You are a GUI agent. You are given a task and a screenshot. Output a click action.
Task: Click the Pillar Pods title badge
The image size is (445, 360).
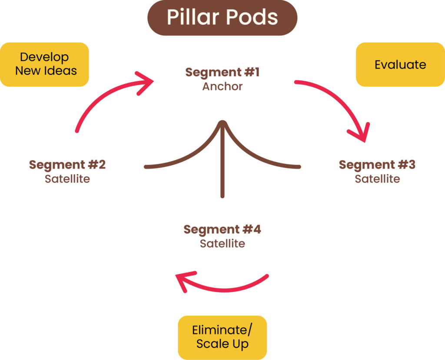point(222,17)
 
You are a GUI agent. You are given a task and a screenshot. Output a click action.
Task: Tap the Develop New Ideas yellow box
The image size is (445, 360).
point(44,64)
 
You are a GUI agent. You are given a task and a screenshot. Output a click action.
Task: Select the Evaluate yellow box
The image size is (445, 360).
point(400,64)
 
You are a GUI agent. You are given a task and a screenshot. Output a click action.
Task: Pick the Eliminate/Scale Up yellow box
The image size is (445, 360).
point(222,337)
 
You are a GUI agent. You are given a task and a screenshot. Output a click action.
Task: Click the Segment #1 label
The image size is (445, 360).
point(222,72)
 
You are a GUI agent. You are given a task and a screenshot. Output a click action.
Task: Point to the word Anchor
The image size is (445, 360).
point(222,86)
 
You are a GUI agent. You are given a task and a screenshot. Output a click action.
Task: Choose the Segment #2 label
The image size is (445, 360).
point(67,165)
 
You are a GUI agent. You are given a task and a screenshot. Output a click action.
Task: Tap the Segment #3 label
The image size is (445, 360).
point(377,165)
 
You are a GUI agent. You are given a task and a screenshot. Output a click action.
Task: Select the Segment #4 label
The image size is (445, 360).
point(222,229)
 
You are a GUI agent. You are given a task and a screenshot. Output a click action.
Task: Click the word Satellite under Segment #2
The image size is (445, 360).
point(67,178)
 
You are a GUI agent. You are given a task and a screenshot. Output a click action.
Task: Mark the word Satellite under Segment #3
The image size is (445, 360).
point(377,178)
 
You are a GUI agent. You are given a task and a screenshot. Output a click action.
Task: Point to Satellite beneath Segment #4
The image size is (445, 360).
point(222,243)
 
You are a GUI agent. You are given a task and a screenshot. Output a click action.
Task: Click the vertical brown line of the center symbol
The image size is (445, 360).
point(222,174)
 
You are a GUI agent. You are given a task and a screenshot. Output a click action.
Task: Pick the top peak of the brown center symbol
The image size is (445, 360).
point(222,122)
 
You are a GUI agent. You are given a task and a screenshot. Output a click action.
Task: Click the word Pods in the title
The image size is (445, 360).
point(253,17)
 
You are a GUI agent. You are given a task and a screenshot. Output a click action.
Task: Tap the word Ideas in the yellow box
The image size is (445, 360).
point(61,70)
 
